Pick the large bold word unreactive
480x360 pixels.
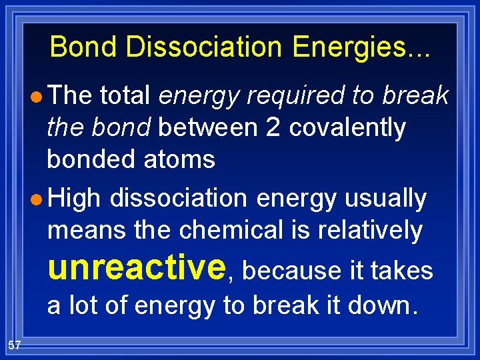pyautogui.click(x=137, y=267)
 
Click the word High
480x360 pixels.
pyautogui.click(x=74, y=199)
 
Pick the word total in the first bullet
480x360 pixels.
pyautogui.click(x=125, y=96)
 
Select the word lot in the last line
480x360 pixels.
pyautogui.click(x=85, y=305)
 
